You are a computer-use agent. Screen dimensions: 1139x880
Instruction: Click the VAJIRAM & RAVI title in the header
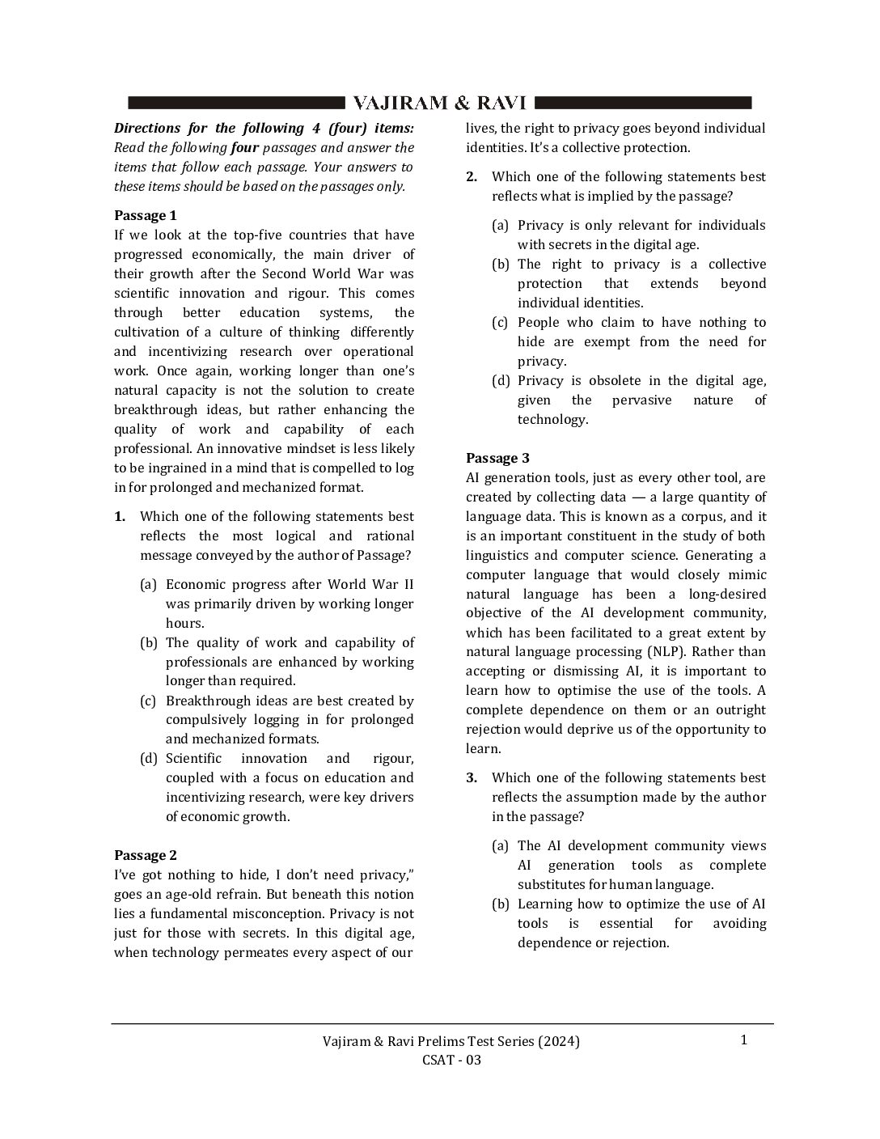(x=440, y=103)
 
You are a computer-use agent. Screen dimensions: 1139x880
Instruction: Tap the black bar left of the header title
(x=237, y=103)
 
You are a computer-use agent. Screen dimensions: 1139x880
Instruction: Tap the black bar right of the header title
(x=643, y=103)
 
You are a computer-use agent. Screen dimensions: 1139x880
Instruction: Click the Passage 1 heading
(x=145, y=215)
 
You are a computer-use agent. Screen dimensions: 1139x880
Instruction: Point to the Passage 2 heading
(x=145, y=855)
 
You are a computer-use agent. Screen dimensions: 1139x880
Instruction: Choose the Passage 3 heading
(x=497, y=458)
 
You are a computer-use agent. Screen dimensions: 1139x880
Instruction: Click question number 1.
(x=120, y=516)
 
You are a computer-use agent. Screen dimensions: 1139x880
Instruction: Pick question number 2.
(x=472, y=176)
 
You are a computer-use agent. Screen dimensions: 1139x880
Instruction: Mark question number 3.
(x=472, y=777)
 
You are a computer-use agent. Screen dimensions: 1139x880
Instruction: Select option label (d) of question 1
(x=148, y=758)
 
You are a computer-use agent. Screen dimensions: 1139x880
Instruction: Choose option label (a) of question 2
(x=500, y=225)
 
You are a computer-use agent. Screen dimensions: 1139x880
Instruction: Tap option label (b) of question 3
(x=500, y=904)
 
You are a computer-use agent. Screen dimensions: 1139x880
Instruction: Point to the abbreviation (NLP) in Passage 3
(x=666, y=651)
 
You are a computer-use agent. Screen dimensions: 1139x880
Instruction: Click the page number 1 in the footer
(x=743, y=1039)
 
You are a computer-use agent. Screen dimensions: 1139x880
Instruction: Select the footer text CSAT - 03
(x=451, y=1060)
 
